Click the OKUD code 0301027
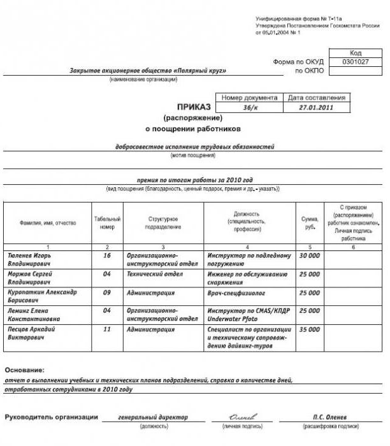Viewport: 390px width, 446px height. pos(356,62)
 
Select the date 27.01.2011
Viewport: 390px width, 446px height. pos(316,108)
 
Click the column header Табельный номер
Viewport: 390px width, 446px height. pos(107,222)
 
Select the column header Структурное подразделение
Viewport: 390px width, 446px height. pos(164,222)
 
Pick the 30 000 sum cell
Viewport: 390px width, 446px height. pos(310,255)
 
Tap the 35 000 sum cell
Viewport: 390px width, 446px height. pos(310,330)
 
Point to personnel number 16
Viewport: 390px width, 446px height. pos(107,255)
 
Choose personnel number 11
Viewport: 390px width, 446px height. pos(107,330)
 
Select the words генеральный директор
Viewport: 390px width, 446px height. pos(153,417)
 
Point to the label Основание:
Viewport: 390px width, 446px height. pos(24,370)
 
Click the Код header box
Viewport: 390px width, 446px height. pos(356,53)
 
